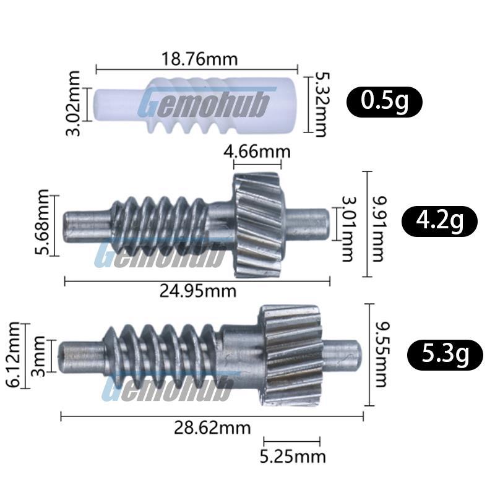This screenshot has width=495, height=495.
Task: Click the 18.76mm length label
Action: [199, 59]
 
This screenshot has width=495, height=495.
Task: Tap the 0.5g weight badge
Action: [384, 101]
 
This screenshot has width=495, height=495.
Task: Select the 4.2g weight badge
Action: [439, 221]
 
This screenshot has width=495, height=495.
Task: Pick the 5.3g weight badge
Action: [445, 355]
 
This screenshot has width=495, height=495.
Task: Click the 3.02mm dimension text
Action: [73, 103]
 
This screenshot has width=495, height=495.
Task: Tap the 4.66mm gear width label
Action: [257, 152]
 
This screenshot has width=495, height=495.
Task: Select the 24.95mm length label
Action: [197, 291]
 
